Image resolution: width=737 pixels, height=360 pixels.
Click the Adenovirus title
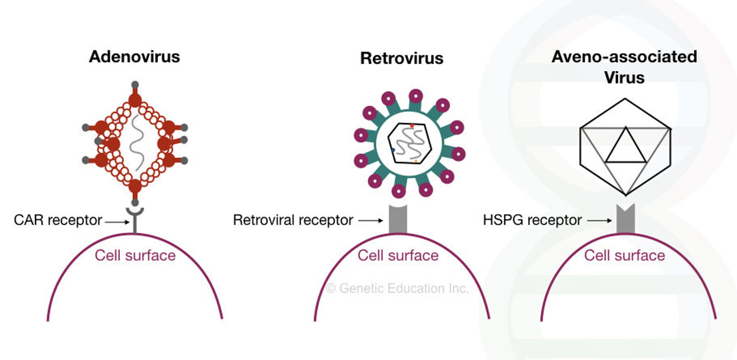coord(135,57)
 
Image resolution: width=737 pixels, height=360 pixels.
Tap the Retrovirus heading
coord(402,58)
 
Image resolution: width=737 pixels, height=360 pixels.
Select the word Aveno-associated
coord(624,57)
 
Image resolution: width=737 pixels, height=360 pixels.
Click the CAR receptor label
coord(58,220)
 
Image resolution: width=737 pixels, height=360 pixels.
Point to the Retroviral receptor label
coord(293,220)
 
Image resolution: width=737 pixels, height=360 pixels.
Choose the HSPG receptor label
coord(532,220)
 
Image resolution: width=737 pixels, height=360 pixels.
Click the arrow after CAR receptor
coord(117,222)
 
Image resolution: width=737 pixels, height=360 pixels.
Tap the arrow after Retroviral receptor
coord(370,221)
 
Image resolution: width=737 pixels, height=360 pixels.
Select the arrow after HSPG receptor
coord(599,221)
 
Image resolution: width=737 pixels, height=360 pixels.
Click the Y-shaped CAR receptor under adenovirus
coord(135,219)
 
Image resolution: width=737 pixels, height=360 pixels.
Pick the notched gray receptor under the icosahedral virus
coord(626,220)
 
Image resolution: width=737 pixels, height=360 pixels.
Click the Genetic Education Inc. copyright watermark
coord(397,288)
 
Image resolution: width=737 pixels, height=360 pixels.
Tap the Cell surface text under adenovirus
coord(135,255)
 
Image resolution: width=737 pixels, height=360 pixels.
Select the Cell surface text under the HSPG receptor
coord(625,255)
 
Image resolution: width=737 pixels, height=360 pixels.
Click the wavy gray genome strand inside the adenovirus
coord(136,143)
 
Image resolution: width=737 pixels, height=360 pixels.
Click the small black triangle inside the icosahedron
coord(626,147)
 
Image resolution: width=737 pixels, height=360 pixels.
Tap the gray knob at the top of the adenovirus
coord(135,85)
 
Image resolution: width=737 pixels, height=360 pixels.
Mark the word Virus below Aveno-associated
coord(624,78)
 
